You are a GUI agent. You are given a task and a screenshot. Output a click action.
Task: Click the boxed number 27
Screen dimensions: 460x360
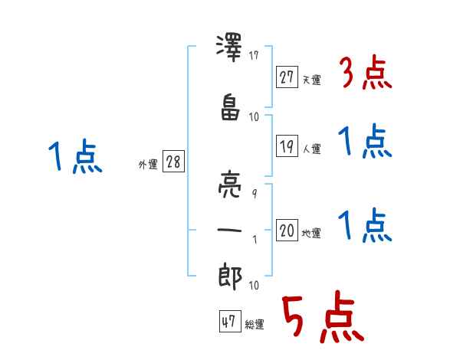(x=287, y=77)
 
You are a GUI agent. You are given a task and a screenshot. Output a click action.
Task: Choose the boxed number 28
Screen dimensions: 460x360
(x=173, y=162)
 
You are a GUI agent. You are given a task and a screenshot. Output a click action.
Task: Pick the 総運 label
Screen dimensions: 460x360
(x=255, y=325)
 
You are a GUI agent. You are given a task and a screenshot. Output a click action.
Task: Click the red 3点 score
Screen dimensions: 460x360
(x=364, y=74)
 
